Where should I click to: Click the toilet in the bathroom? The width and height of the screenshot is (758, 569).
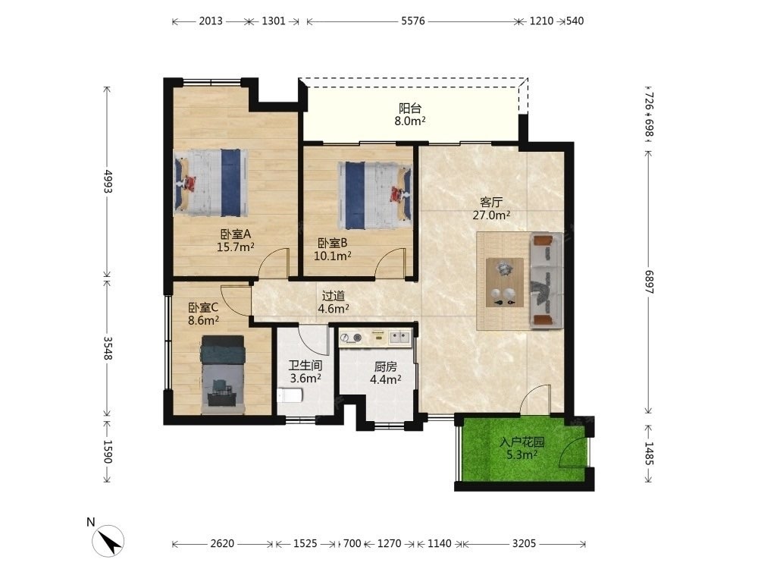tap(290, 395)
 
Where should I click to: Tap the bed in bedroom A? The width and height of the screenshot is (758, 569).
tap(211, 183)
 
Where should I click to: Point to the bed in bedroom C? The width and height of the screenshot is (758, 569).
tap(223, 375)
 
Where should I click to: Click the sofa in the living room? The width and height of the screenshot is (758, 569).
tap(547, 281)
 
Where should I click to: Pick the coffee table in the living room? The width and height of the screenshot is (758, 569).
tap(505, 282)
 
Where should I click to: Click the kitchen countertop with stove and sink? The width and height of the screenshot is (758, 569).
tap(375, 338)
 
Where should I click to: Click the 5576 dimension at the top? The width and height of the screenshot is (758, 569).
tap(413, 20)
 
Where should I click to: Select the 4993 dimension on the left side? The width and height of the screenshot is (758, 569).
tap(108, 182)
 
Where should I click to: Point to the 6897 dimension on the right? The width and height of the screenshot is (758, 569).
tap(650, 282)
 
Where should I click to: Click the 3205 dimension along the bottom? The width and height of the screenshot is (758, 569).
tap(524, 543)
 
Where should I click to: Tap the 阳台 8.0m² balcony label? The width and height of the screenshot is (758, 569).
tap(410, 115)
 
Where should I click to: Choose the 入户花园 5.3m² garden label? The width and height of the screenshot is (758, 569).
tap(522, 448)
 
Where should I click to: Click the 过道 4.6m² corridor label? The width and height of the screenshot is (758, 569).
tap(334, 302)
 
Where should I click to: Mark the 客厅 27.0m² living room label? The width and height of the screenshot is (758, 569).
tap(491, 209)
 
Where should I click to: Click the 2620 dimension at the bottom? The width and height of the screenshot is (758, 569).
tap(222, 543)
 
